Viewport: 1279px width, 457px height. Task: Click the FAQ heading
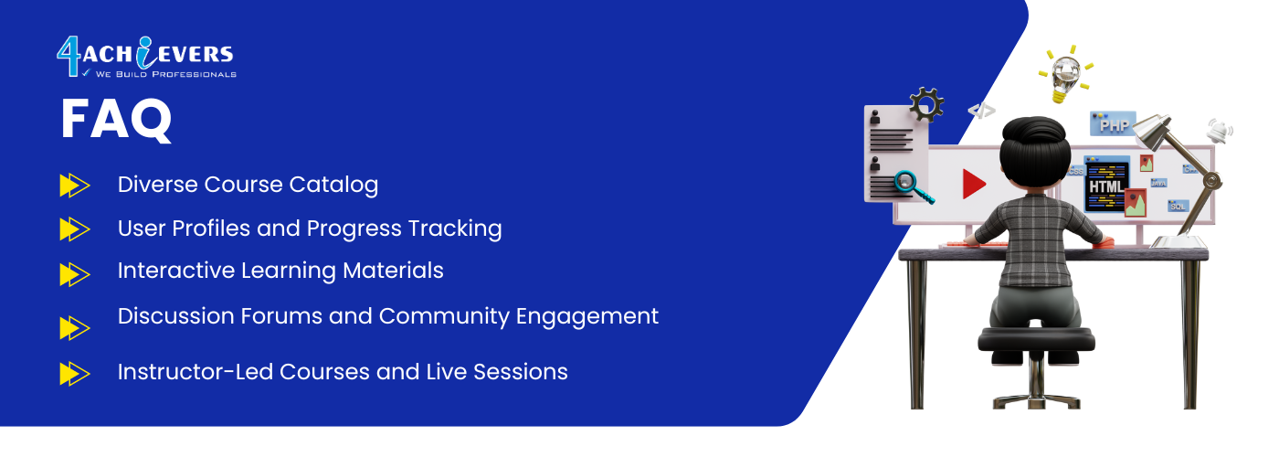point(116,119)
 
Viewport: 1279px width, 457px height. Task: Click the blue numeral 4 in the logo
point(69,56)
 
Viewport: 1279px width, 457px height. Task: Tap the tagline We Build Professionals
point(165,74)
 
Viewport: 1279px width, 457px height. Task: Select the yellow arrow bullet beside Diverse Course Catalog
point(75,185)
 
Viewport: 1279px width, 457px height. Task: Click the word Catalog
point(333,185)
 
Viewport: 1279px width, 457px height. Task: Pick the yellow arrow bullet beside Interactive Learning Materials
point(75,274)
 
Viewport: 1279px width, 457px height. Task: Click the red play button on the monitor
point(974,184)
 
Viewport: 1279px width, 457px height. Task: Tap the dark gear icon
point(925,104)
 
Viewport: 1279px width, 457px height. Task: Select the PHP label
point(1113,124)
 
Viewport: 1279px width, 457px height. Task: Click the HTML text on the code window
point(1106,186)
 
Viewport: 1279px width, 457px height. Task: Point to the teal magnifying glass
point(913,186)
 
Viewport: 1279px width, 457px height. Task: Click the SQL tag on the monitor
point(1178,206)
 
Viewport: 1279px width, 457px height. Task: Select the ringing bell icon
point(1219,131)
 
